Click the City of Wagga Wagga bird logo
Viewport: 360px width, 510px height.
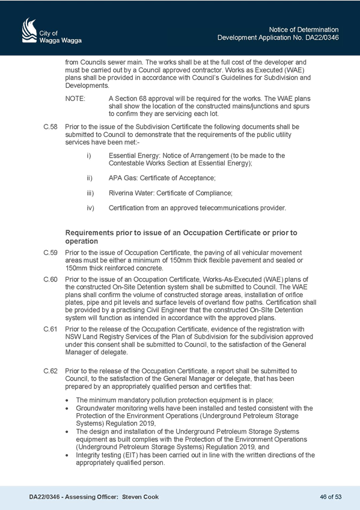tap(29, 30)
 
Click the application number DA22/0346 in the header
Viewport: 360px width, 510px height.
tap(322, 37)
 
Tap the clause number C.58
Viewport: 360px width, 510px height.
tap(50, 126)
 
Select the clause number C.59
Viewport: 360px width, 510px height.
tap(50, 253)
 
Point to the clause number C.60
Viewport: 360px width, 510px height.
tap(50, 279)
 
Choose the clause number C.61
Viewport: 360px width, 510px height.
tap(50, 329)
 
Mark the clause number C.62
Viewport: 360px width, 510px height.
tap(50, 371)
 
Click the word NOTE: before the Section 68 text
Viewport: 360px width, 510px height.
tap(75, 98)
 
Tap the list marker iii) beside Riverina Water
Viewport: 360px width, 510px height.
tap(90, 193)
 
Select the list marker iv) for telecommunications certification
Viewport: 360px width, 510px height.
tap(90, 207)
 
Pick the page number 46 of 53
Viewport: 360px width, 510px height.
tap(331, 497)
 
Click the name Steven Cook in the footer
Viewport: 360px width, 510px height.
tap(141, 497)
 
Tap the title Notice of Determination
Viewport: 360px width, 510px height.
tap(304, 29)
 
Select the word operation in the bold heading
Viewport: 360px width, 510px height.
tap(82, 241)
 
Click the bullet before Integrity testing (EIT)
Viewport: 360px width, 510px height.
tap(67, 455)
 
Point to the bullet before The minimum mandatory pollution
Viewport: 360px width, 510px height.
tap(67, 401)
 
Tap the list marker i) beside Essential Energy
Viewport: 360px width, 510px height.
tap(89, 156)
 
